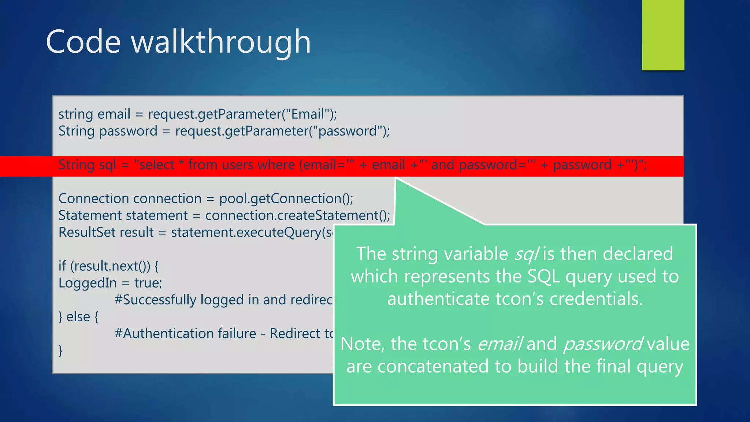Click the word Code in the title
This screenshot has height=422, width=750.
(x=83, y=42)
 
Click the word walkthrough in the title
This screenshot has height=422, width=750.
(x=221, y=42)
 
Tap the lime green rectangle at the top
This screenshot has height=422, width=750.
(x=663, y=35)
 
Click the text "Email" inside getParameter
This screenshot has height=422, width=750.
(x=308, y=114)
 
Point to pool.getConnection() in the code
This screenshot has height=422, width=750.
(x=286, y=199)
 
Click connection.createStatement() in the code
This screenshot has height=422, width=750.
(x=297, y=216)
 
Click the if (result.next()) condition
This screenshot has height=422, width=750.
(x=108, y=266)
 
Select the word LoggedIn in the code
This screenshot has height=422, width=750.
(x=87, y=283)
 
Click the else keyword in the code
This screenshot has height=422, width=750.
(x=78, y=317)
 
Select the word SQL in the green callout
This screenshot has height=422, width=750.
(x=543, y=277)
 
